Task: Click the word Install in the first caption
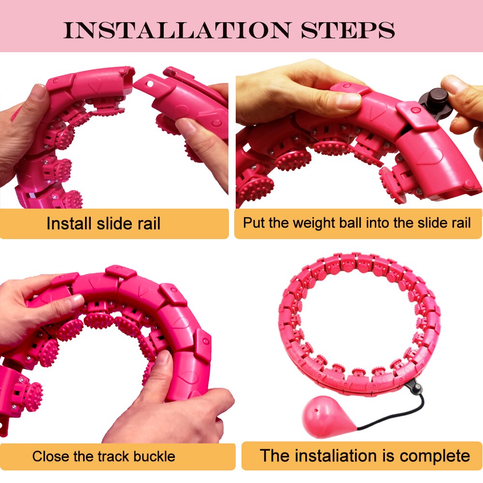[69, 224]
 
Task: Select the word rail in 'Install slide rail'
[146, 224]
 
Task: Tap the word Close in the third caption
[51, 456]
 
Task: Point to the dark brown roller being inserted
[438, 104]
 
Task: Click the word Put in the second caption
[253, 223]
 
